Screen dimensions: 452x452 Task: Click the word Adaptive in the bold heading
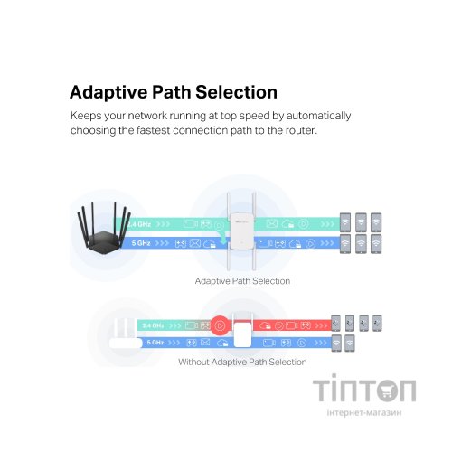[108, 92]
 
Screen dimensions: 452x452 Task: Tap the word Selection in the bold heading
[237, 92]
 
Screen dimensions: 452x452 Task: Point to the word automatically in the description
[318, 116]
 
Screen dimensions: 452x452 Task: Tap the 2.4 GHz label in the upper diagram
[139, 224]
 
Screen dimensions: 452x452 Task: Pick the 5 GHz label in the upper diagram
[141, 243]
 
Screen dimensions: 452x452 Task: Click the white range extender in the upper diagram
[241, 231]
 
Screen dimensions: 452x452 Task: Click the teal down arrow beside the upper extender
[222, 238]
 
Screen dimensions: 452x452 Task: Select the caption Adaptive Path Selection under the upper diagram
[242, 281]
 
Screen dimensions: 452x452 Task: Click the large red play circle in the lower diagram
[220, 325]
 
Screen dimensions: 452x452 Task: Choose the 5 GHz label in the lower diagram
[155, 343]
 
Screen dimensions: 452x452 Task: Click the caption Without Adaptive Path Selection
[242, 362]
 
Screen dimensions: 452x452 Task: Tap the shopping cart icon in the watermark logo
[387, 391]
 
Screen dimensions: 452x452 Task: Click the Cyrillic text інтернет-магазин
[364, 412]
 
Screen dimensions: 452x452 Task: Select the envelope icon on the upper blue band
[195, 243]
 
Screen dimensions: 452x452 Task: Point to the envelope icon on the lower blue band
[205, 343]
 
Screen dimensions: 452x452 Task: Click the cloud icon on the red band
[265, 325]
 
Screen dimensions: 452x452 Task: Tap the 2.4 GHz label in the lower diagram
[153, 325]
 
